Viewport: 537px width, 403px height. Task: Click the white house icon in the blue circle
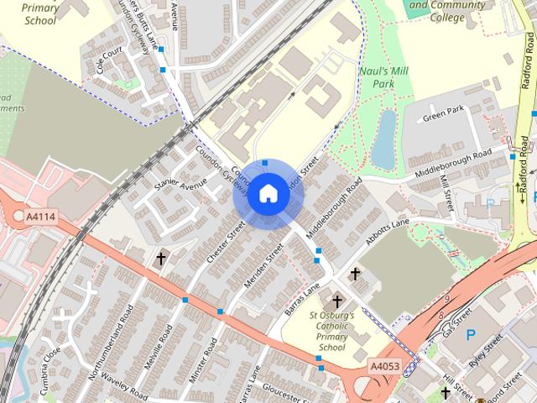point(268,194)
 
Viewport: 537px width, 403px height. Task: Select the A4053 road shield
point(384,366)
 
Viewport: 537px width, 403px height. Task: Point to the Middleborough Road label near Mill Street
point(453,165)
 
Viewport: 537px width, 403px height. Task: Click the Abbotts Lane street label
point(388,227)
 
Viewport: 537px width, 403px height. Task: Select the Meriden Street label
point(264,268)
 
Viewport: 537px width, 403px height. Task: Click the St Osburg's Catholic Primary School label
point(331,331)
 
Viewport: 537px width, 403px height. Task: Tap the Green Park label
point(443,112)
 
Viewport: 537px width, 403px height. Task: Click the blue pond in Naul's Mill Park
point(384,139)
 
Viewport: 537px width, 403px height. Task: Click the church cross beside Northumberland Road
point(160,259)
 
